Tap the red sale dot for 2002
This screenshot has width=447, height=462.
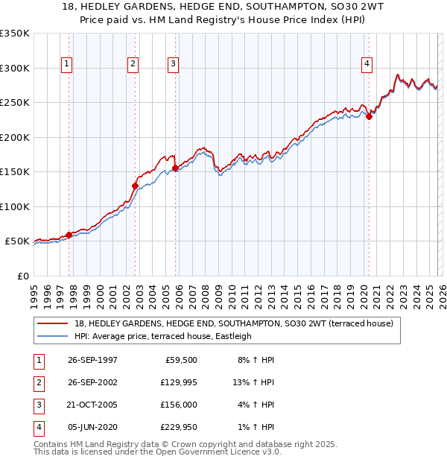(x=135, y=186)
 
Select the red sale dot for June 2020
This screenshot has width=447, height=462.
(x=369, y=116)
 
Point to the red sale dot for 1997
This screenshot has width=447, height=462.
(x=69, y=235)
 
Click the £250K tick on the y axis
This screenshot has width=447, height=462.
(x=15, y=103)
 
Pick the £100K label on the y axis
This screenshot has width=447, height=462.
(x=15, y=206)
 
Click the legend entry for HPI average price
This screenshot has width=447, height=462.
(x=163, y=336)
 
